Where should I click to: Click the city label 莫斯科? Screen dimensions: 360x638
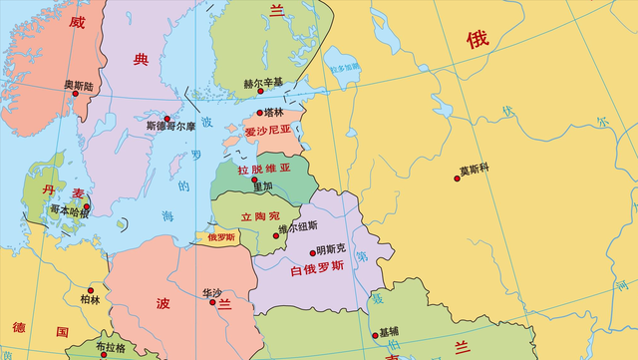point(475,170)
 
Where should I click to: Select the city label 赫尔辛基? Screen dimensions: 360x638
point(264,83)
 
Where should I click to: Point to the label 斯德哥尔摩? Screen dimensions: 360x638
point(171,127)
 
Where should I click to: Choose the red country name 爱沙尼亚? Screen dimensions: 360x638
point(269,131)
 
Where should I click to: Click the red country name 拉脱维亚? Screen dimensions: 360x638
point(264,169)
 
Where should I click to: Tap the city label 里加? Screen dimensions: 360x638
point(262,185)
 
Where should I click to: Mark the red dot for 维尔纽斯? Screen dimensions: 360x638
point(276,235)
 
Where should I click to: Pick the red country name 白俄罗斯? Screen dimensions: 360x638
point(316,267)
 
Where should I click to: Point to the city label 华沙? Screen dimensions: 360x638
point(212,293)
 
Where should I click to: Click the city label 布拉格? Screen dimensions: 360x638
point(111,346)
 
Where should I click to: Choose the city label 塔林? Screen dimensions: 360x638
point(272,113)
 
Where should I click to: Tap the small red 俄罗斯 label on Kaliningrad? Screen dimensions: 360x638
point(221,237)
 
